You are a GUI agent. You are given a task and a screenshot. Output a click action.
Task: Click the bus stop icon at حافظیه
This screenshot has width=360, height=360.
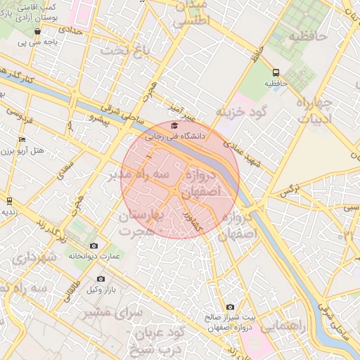click(x=275, y=72)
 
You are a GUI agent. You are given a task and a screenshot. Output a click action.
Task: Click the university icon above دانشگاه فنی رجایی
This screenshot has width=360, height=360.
click(x=174, y=126)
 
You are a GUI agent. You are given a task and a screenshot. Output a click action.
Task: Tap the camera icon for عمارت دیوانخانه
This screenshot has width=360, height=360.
click(x=94, y=245)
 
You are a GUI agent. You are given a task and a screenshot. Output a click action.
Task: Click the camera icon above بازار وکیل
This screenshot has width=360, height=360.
click(x=101, y=279)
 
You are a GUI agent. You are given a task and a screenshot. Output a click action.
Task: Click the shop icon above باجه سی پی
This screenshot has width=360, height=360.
click(x=37, y=31)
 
